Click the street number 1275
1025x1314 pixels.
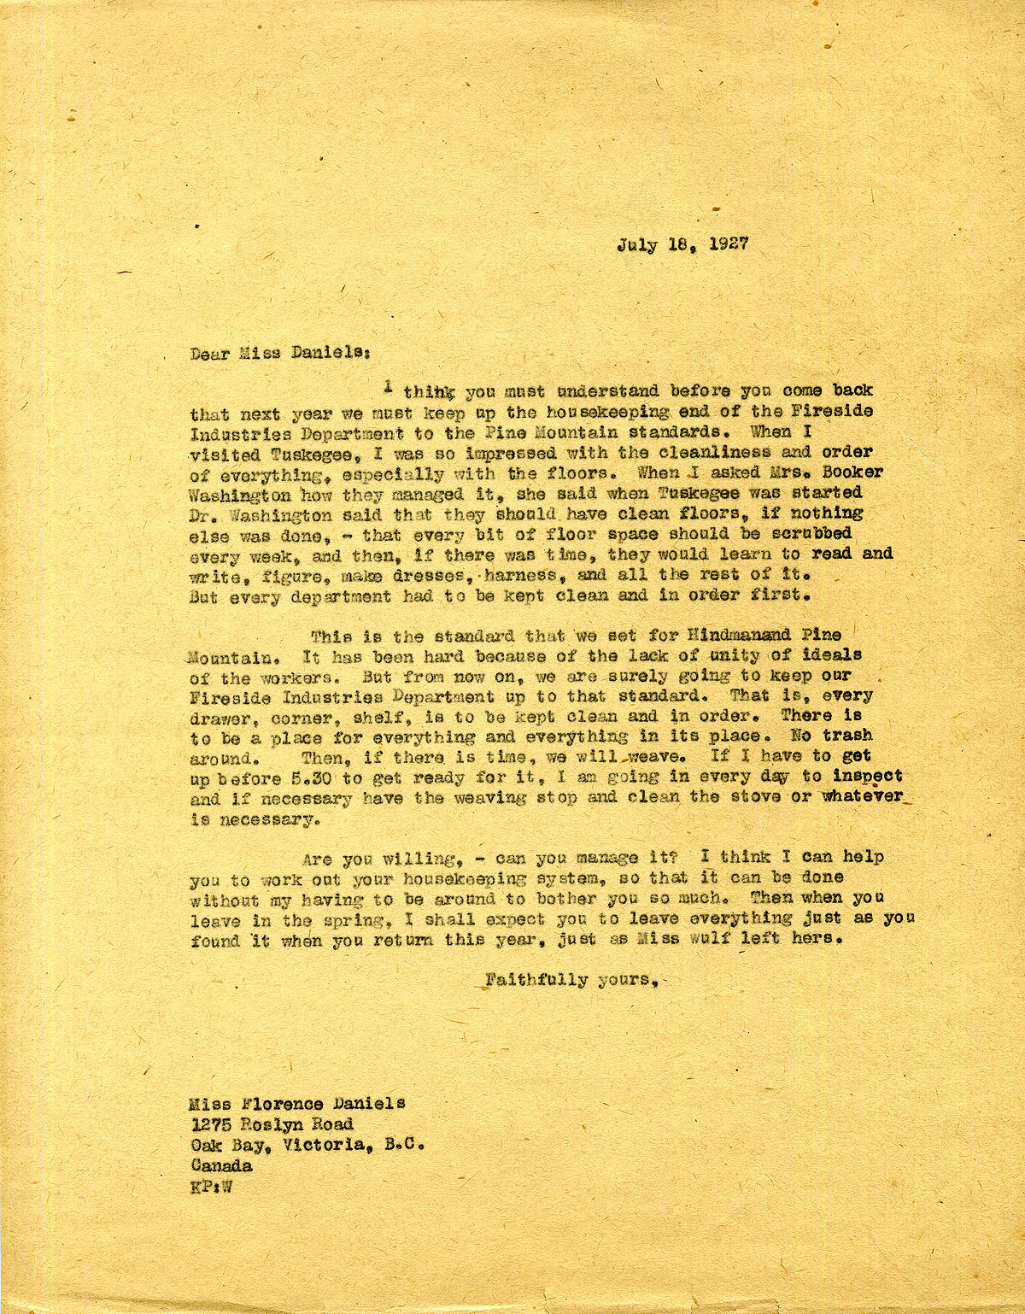coord(210,1124)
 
